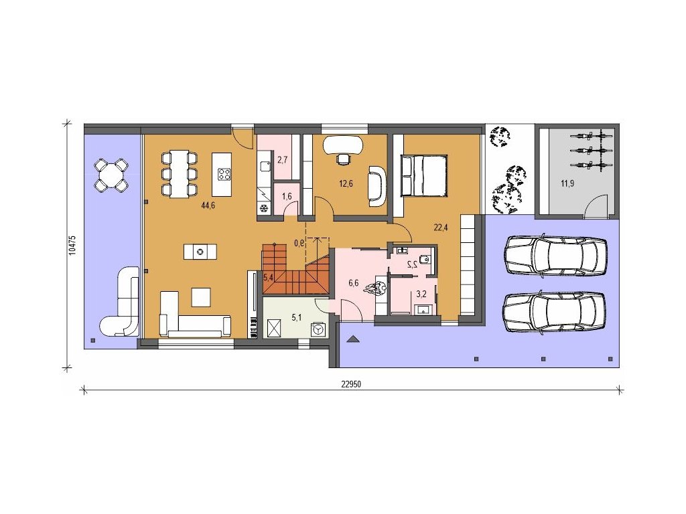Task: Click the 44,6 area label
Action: [208, 206]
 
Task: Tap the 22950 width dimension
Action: [350, 384]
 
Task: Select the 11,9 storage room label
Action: [567, 183]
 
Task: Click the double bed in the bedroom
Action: [424, 175]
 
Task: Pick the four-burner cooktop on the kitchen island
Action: [224, 175]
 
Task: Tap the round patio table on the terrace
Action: [111, 175]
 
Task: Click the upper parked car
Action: [555, 256]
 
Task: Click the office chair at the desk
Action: [344, 159]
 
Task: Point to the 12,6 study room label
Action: [346, 183]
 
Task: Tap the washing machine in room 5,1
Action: [318, 329]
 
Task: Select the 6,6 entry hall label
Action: [353, 283]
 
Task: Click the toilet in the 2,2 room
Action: [424, 260]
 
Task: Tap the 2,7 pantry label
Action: [282, 159]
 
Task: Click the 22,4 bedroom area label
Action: [441, 228]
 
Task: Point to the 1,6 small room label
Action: [287, 196]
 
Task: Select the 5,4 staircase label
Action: [268, 276]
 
